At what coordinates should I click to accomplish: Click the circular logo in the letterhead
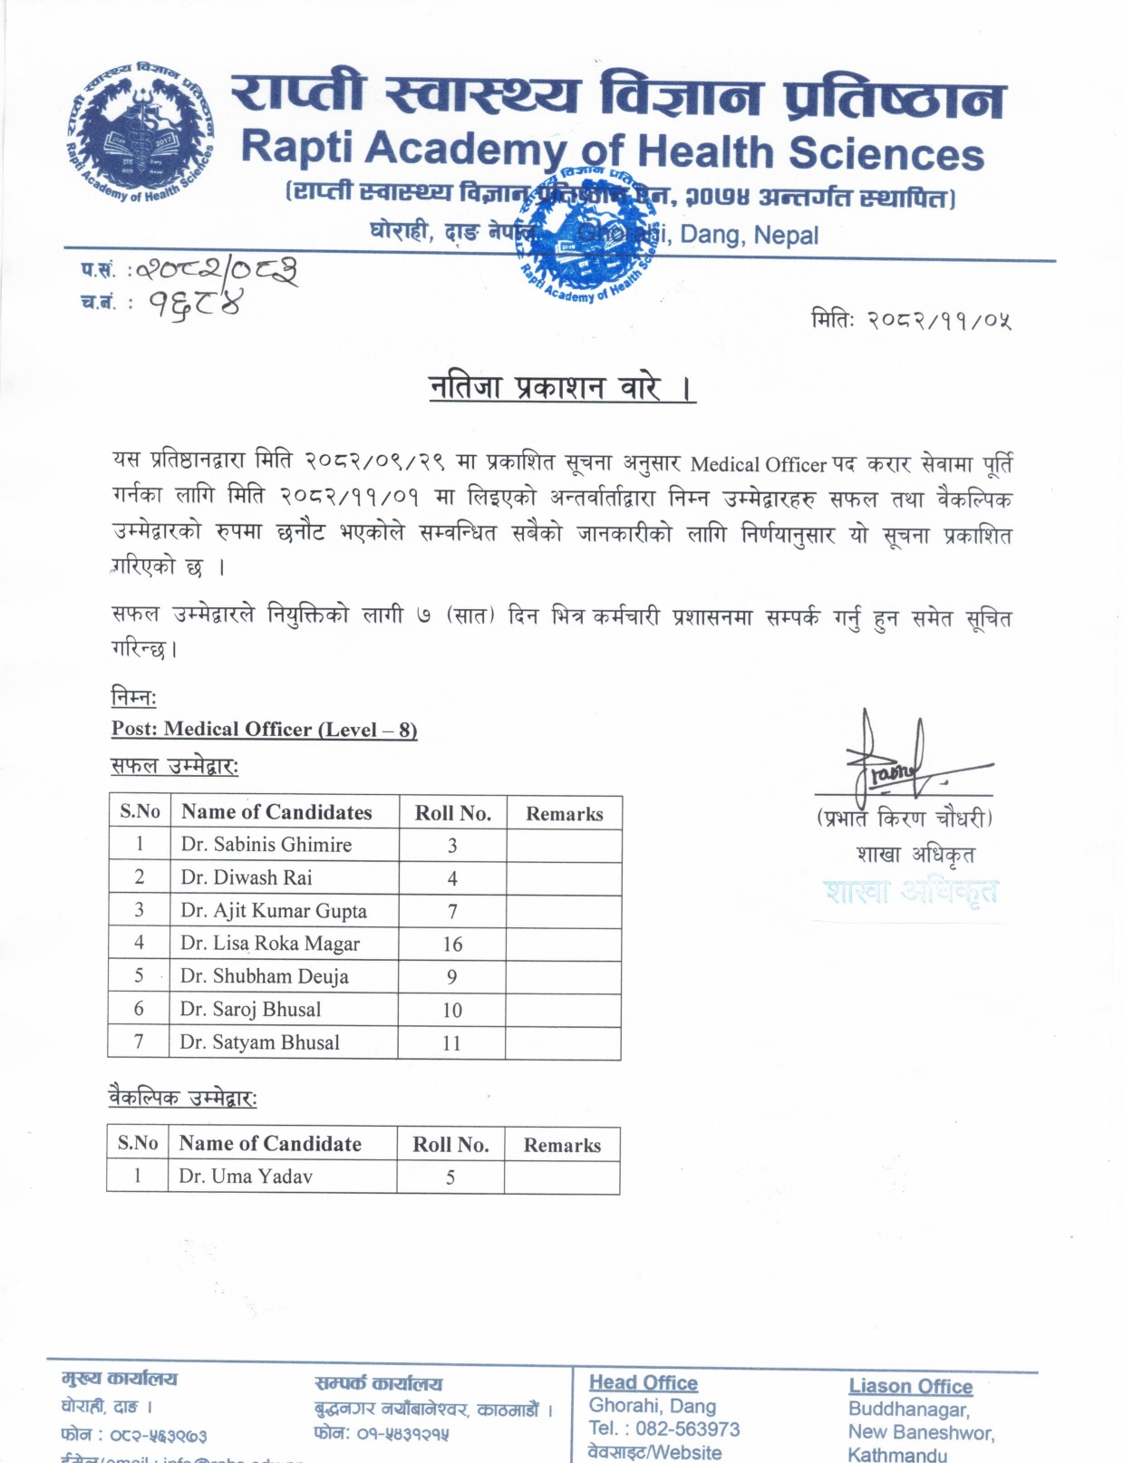(x=140, y=132)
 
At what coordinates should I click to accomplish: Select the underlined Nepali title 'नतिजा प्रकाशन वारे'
(x=561, y=388)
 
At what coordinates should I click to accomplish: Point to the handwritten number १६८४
(x=195, y=305)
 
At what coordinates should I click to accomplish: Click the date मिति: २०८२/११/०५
(x=911, y=320)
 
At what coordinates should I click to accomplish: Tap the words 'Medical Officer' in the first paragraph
(x=758, y=465)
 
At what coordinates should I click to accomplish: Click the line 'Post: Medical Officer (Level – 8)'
(x=264, y=730)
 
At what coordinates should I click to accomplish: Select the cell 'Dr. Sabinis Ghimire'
(x=266, y=845)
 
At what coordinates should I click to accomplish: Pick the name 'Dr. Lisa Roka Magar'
(x=270, y=944)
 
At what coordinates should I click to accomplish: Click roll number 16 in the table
(x=452, y=945)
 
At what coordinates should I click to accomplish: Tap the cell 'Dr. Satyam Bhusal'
(x=259, y=1042)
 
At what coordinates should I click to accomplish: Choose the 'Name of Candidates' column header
(x=276, y=812)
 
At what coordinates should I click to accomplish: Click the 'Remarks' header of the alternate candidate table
(x=562, y=1146)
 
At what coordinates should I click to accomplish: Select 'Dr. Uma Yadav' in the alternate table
(x=246, y=1177)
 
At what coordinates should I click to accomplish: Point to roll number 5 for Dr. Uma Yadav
(x=450, y=1177)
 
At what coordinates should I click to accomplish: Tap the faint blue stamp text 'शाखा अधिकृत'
(x=911, y=892)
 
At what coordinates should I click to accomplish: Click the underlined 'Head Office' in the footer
(x=644, y=1383)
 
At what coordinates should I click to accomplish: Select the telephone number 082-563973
(x=687, y=1429)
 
